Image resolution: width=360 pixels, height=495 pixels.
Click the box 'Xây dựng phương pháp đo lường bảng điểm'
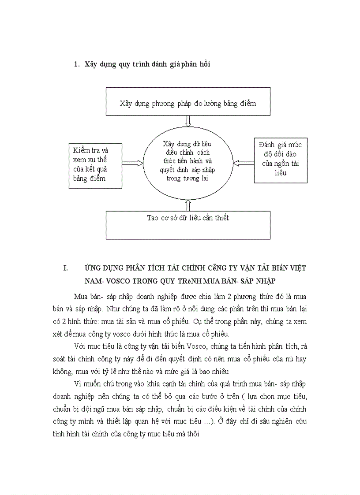tap(187, 102)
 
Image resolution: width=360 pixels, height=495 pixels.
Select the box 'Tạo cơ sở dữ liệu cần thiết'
tap(187, 224)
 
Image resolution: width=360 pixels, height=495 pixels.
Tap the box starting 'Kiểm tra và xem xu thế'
tap(95, 165)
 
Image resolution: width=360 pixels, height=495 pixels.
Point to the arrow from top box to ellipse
tap(188, 120)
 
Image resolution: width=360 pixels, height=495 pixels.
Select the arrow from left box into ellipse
tap(132, 163)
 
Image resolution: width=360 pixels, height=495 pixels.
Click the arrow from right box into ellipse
tap(243, 163)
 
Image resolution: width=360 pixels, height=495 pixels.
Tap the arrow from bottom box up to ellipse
tap(188, 205)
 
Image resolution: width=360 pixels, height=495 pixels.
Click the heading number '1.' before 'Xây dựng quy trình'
tap(76, 64)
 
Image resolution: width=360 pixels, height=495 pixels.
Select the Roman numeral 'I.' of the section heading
tap(66, 268)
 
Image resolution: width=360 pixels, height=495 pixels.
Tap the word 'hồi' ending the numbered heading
tap(204, 64)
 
